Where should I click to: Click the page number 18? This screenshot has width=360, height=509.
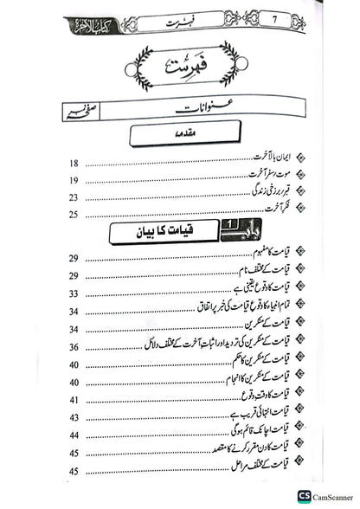[73, 163]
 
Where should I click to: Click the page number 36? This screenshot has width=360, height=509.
[73, 347]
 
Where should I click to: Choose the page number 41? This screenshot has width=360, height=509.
[73, 400]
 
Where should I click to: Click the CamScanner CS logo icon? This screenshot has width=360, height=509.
[304, 495]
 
